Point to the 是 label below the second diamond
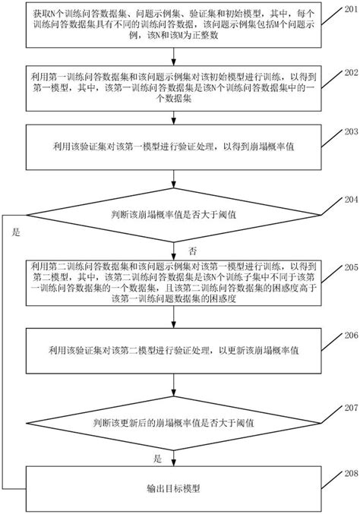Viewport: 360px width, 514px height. (x=158, y=458)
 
